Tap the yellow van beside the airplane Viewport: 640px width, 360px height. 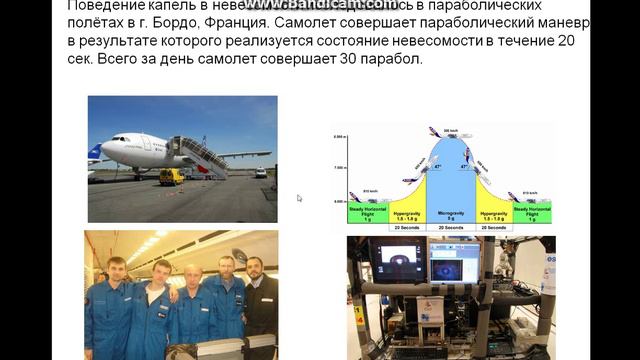(x=171, y=176)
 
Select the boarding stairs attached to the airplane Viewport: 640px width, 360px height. (x=201, y=154)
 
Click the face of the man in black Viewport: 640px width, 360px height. (x=254, y=270)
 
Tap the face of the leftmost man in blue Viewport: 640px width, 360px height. (x=118, y=269)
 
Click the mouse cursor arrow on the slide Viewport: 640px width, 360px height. (x=299, y=198)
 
